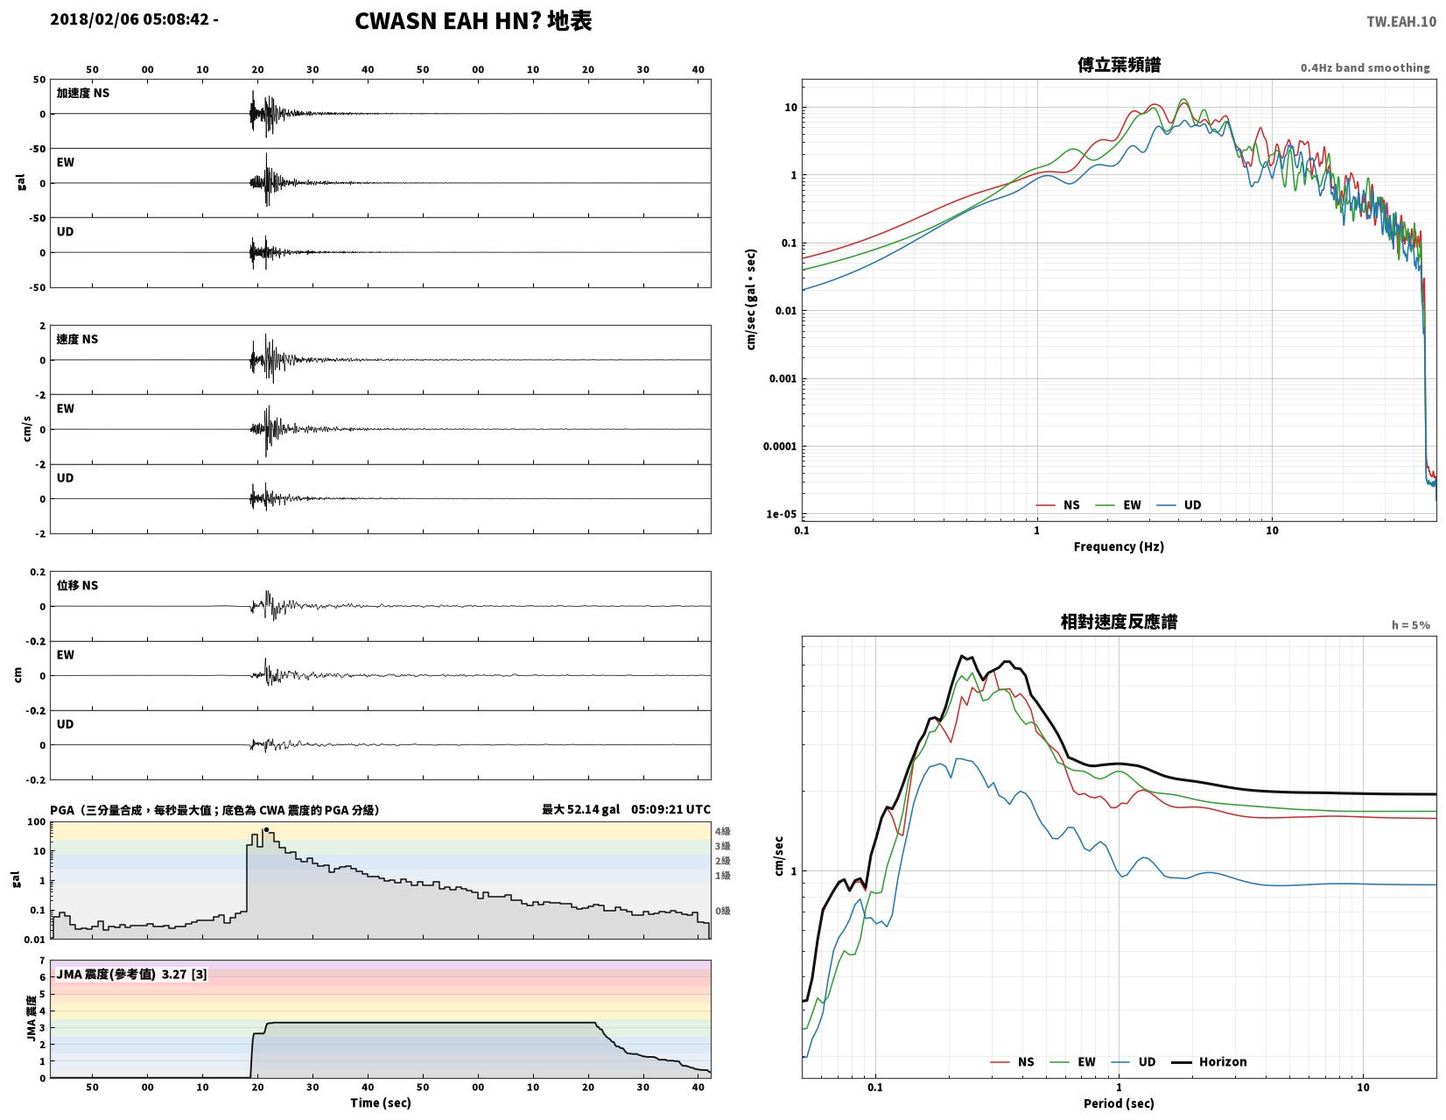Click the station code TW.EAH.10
tap(1400, 21)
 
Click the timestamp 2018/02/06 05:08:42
tap(129, 19)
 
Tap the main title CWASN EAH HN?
tap(447, 21)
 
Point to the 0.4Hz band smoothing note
tap(1364, 68)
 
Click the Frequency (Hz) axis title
tap(1118, 546)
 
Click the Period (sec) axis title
tap(1118, 1103)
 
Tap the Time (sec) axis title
tap(380, 1102)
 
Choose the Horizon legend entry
tap(1208, 1062)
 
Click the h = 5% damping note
tap(1410, 625)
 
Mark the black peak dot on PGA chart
tap(266, 829)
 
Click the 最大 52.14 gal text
tap(580, 809)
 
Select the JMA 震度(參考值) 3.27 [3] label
tap(131, 975)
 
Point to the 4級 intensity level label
tap(722, 831)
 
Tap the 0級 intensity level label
tap(722, 911)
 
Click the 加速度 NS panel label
tap(82, 93)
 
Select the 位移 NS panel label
tap(77, 586)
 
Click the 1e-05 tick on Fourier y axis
tap(781, 514)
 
